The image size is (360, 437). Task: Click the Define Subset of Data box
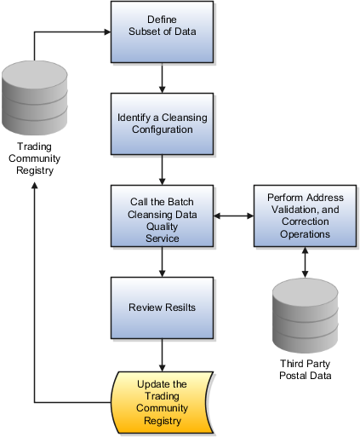pos(161,32)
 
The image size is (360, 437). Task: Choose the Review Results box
pos(161,307)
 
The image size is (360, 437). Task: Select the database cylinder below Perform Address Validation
pos(304,311)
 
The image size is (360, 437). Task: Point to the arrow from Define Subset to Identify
pos(161,78)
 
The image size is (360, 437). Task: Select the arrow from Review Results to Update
pos(161,353)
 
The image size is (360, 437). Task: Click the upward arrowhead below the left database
pos(33,185)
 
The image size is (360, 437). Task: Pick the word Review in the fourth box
pos(146,307)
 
